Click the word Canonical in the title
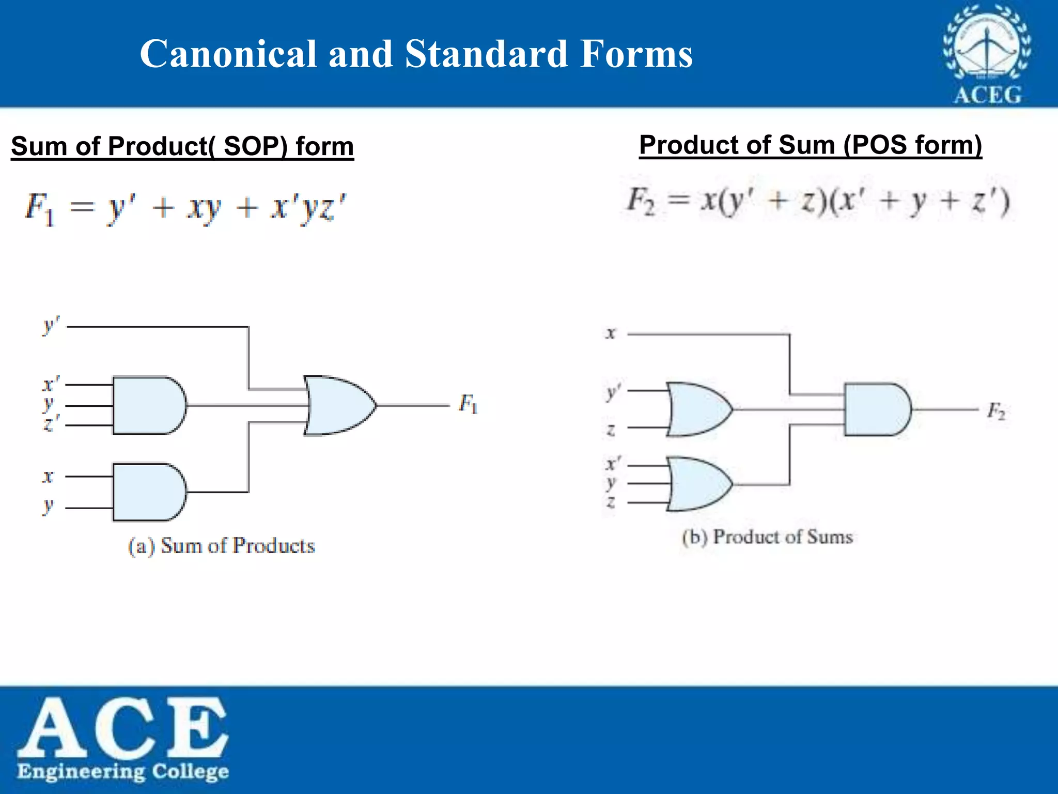click(228, 54)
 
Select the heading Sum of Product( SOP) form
click(182, 146)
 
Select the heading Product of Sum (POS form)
click(810, 145)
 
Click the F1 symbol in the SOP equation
click(39, 208)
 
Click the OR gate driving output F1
click(338, 406)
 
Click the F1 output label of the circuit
click(468, 404)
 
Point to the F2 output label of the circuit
click(996, 411)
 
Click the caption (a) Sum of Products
click(222, 546)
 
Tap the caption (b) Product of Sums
click(767, 537)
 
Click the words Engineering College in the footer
click(123, 771)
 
